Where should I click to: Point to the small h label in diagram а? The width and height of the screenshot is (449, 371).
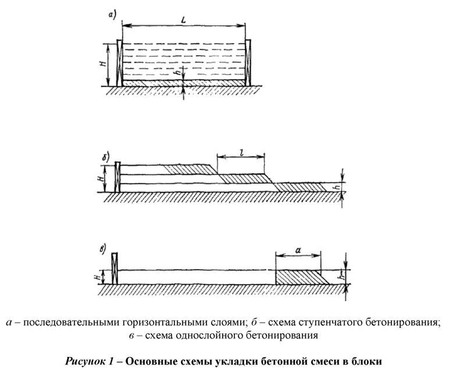tap(177, 74)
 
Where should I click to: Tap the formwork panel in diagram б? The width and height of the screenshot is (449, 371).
tap(117, 177)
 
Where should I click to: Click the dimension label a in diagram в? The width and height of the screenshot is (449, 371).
tap(298, 248)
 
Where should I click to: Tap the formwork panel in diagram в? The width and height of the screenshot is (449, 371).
tap(114, 269)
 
